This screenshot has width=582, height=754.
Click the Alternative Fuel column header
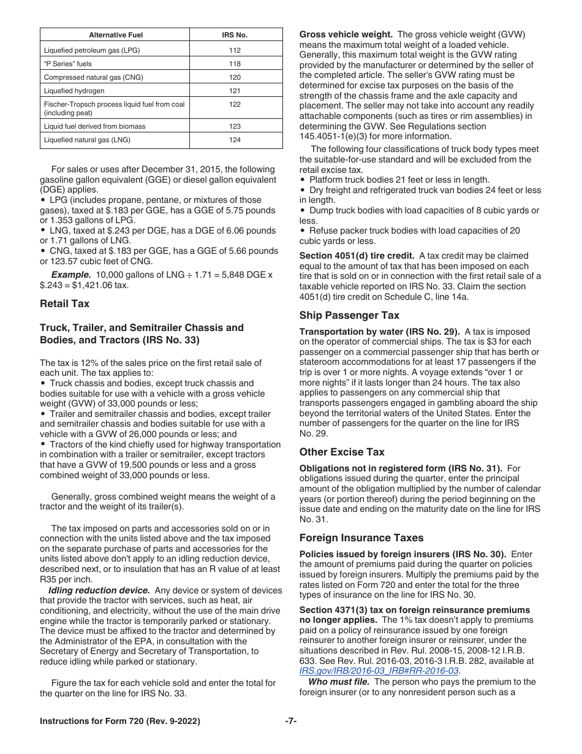tap(115, 36)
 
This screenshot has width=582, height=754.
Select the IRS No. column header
tap(235, 36)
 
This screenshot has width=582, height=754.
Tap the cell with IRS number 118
tap(235, 64)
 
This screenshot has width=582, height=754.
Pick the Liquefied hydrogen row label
tap(74, 91)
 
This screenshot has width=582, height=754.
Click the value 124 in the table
tap(235, 140)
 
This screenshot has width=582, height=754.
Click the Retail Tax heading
tap(64, 303)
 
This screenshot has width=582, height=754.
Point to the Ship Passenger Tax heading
tap(349, 315)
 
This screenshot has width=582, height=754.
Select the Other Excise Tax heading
tap(342, 452)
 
